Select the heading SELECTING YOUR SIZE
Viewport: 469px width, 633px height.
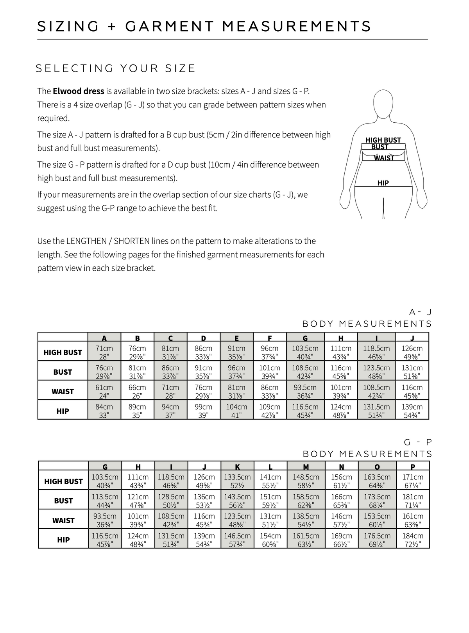116,68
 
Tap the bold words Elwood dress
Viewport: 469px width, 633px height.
79,91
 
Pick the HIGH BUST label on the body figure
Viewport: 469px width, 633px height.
383,140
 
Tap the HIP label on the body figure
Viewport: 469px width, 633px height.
383,183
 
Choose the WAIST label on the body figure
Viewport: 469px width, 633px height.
384,158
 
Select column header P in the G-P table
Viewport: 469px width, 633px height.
413,466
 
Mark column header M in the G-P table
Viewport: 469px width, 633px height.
306,466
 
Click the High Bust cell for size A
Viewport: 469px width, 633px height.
104,352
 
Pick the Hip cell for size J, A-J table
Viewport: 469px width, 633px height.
412,411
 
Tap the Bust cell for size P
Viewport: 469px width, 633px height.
413,501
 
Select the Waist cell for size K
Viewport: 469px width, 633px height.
238,520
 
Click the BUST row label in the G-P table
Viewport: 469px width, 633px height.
63,501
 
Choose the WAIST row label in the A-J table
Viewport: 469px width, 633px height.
63,391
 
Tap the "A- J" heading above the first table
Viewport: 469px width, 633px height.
420,312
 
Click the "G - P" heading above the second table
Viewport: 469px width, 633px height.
418,442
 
